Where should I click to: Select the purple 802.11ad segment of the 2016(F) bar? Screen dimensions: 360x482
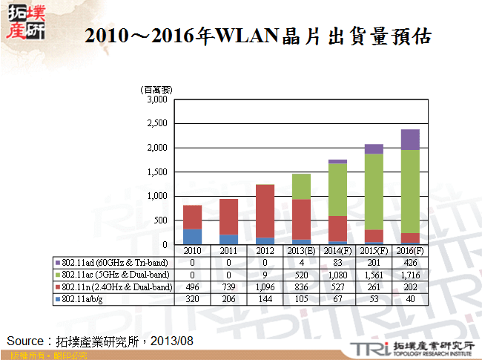click(x=410, y=140)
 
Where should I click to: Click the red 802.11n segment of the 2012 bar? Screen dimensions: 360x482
click(x=265, y=212)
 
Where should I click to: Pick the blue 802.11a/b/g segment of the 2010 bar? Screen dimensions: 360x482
click(x=193, y=237)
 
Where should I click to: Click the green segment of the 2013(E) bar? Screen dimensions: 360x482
click(x=301, y=186)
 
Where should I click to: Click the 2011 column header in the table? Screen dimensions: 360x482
click(x=228, y=252)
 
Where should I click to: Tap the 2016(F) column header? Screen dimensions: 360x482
click(x=410, y=252)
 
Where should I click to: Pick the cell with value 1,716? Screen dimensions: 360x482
click(x=410, y=275)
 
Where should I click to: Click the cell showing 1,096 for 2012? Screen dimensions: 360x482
click(x=265, y=287)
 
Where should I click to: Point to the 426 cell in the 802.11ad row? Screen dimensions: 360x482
click(x=410, y=264)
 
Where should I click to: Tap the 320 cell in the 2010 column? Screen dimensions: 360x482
click(x=193, y=298)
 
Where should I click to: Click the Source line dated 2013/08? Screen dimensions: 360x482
click(x=100, y=341)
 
